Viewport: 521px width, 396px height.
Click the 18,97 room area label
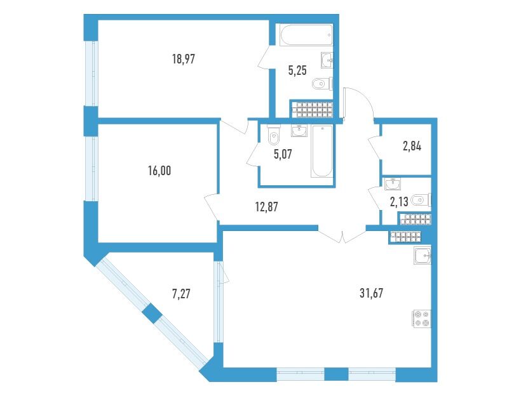184,60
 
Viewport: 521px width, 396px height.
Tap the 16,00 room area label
159,171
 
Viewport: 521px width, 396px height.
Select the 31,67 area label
372,293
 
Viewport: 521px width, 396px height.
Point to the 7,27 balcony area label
182,294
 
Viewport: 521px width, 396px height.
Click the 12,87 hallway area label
266,207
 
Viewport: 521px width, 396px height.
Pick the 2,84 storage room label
412,146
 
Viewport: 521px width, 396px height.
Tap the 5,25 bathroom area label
297,70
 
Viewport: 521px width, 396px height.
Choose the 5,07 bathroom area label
283,154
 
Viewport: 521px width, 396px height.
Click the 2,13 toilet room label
399,201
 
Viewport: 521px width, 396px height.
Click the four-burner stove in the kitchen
423,319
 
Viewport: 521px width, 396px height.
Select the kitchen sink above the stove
423,255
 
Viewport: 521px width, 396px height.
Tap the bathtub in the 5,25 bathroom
306,35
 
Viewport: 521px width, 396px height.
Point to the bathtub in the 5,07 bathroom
321,152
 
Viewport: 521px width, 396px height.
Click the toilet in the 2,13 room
421,200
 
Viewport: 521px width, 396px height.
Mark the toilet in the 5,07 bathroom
274,135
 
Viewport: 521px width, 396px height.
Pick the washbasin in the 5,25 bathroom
327,60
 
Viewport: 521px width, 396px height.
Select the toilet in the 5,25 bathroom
323,84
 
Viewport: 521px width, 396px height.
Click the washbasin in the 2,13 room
393,184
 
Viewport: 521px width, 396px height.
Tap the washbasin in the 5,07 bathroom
300,131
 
